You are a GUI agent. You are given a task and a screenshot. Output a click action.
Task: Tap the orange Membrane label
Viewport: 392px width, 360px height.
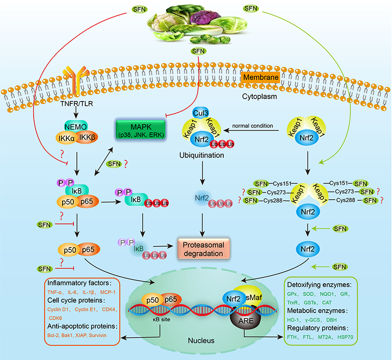coord(260,76)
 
